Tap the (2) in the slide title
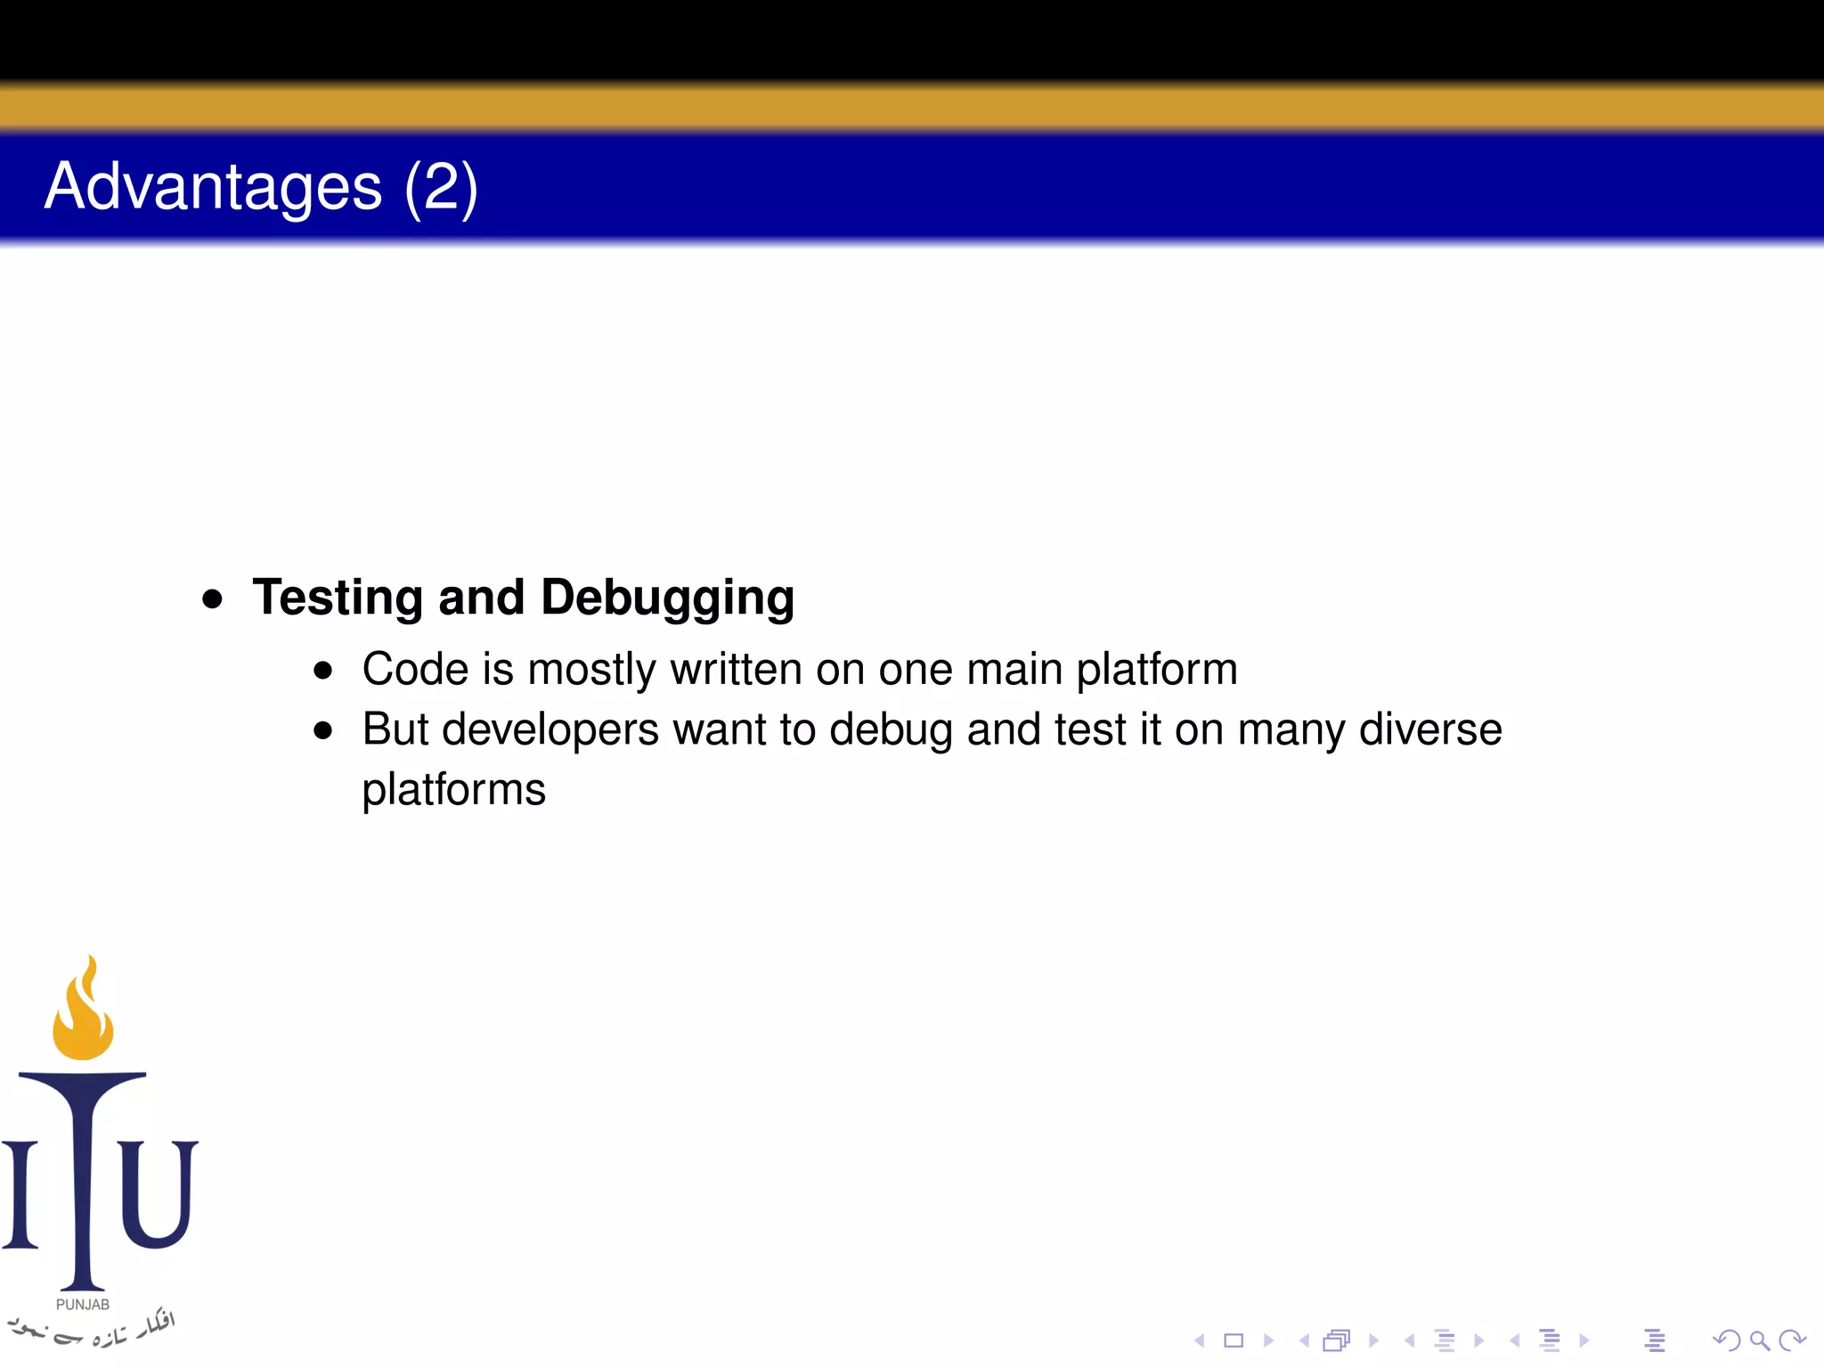click(x=441, y=187)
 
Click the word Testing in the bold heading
click(x=338, y=598)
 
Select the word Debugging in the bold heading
click(x=667, y=598)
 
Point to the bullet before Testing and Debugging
click(x=212, y=598)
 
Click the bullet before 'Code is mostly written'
click(x=323, y=671)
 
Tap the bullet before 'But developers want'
click(x=323, y=731)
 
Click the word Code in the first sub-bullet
click(x=415, y=669)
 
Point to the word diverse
click(x=1430, y=729)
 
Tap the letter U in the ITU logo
click(x=157, y=1193)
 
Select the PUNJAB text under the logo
click(x=83, y=1305)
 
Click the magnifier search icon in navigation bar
click(x=1759, y=1340)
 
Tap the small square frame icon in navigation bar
click(x=1234, y=1340)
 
